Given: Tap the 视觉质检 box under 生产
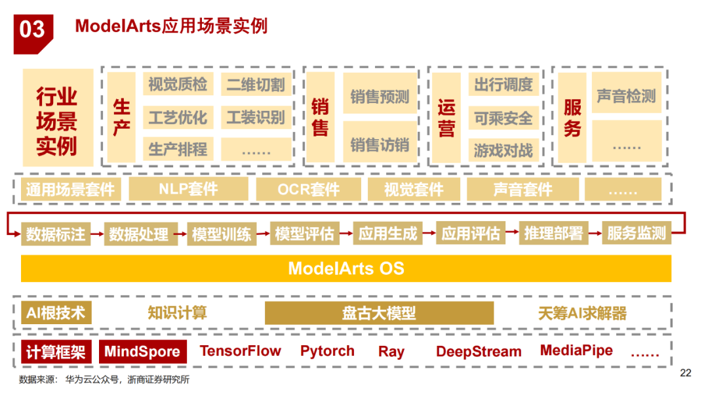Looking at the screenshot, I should point(178,84).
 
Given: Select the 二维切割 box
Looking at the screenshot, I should point(256,84).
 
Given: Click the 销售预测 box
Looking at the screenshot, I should point(380,97).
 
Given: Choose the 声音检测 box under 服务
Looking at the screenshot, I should point(626,96).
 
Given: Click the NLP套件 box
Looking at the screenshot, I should point(188,190).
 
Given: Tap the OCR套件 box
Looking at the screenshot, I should point(308,190).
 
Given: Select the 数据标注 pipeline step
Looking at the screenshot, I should point(56,234).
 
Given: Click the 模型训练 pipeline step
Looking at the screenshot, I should point(222,234).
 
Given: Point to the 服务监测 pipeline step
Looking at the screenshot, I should point(637,234).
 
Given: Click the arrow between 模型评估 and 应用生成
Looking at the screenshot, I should point(345,232).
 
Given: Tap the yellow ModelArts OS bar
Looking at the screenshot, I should point(346,268).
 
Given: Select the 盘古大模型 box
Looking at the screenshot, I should point(379,313).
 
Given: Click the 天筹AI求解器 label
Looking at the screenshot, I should point(582,313).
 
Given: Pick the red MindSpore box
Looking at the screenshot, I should point(143,352).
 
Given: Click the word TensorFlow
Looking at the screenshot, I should point(241,351).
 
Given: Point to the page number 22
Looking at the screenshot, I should point(686,373).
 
